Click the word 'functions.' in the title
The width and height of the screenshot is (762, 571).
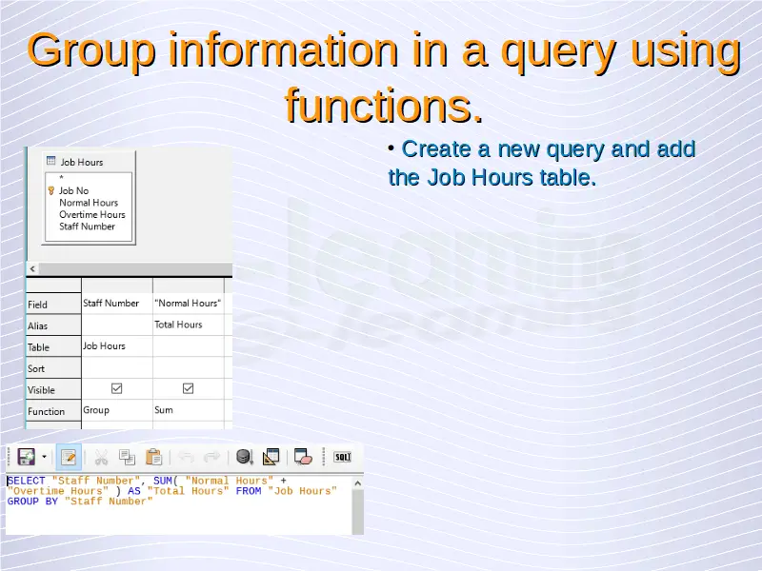pyautogui.click(x=384, y=106)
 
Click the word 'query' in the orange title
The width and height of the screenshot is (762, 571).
pyautogui.click(x=558, y=52)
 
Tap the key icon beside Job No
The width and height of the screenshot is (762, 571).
pyautogui.click(x=51, y=191)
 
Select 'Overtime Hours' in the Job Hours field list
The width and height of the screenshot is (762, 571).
pyautogui.click(x=92, y=215)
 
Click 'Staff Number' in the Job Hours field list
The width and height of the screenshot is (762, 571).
pyautogui.click(x=87, y=226)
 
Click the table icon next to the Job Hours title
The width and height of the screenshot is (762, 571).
pyautogui.click(x=51, y=161)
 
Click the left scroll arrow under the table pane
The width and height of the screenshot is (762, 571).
pyautogui.click(x=32, y=268)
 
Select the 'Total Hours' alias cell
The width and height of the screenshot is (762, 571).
pyautogui.click(x=178, y=325)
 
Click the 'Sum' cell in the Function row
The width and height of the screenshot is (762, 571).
pyautogui.click(x=164, y=410)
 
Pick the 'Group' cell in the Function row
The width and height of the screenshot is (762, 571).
pyautogui.click(x=96, y=410)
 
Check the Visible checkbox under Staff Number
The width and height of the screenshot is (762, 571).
pyautogui.click(x=116, y=388)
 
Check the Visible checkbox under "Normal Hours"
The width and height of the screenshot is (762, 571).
pyautogui.click(x=188, y=388)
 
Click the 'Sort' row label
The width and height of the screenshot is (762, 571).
pyautogui.click(x=36, y=368)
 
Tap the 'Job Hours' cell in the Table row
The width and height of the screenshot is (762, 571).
pyautogui.click(x=104, y=345)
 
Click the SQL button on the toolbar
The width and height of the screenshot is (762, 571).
pyautogui.click(x=343, y=457)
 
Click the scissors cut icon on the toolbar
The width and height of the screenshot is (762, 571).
pyautogui.click(x=101, y=458)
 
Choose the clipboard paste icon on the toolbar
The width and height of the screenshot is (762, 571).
pyautogui.click(x=153, y=457)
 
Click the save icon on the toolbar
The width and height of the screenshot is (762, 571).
pyautogui.click(x=27, y=457)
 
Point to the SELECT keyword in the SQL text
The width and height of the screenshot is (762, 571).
pyautogui.click(x=27, y=481)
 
